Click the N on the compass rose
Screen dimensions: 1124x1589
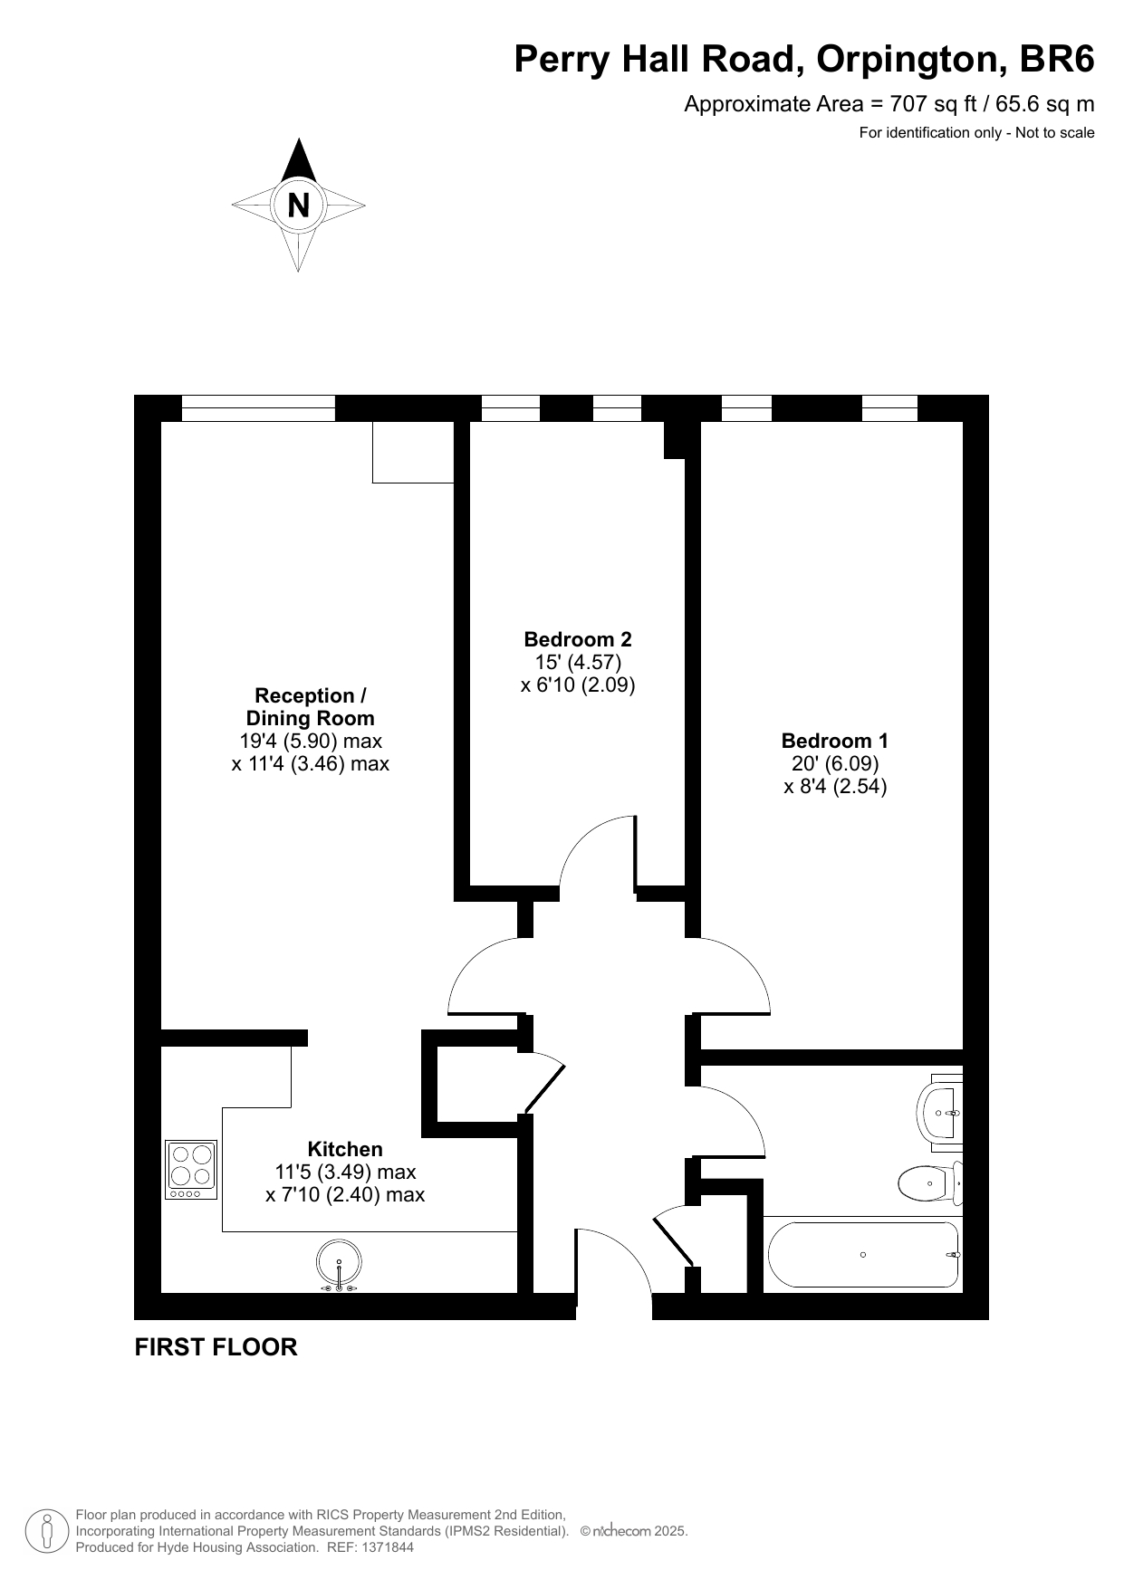[298, 206]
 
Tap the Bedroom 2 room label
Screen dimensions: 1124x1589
[578, 639]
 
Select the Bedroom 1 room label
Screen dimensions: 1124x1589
[835, 741]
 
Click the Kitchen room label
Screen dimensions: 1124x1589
[345, 1149]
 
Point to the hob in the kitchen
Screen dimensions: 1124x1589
[191, 1170]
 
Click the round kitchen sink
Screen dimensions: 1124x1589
[339, 1263]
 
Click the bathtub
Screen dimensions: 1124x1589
[863, 1254]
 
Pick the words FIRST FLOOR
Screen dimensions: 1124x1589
[216, 1347]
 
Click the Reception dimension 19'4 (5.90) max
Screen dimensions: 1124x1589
[311, 741]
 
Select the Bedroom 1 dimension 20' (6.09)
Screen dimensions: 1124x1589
[835, 763]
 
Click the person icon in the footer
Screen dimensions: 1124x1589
[48, 1531]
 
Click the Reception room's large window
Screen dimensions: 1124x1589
[258, 408]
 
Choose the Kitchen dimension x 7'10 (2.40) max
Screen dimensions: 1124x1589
[345, 1194]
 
